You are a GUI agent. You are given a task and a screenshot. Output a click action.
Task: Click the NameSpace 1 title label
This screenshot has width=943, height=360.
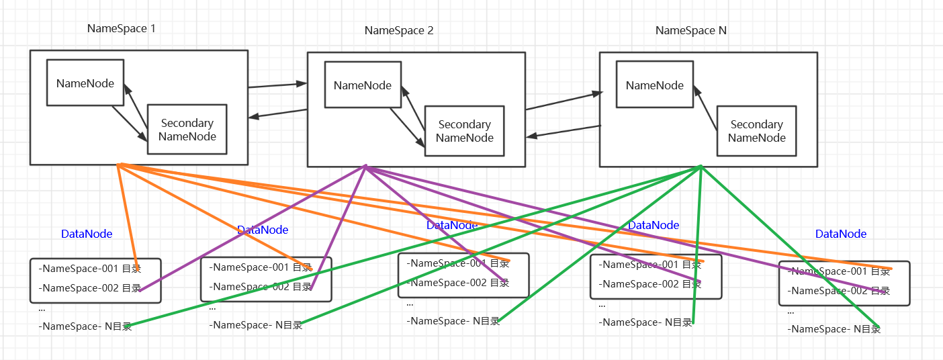(x=121, y=28)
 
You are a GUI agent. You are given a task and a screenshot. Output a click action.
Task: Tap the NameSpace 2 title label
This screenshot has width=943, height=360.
(x=399, y=30)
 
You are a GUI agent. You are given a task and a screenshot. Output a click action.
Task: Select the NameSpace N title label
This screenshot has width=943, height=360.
(x=691, y=30)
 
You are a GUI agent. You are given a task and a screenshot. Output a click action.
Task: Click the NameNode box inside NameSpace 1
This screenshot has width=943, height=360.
(x=85, y=83)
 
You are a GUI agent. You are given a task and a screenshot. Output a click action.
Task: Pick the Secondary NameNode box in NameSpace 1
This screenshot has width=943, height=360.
(x=187, y=130)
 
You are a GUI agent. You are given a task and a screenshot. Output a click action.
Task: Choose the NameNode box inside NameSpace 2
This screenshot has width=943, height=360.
(x=363, y=85)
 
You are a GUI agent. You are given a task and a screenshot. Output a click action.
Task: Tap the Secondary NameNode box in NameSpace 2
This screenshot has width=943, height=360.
(x=464, y=131)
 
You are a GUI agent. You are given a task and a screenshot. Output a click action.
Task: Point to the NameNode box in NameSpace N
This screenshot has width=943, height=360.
(x=655, y=85)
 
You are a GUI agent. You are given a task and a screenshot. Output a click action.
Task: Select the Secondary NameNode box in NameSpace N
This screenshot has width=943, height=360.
(x=756, y=131)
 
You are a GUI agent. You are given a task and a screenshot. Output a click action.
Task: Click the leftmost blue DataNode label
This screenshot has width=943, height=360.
(x=87, y=234)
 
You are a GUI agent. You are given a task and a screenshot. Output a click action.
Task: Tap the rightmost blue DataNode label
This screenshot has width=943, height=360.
(x=841, y=234)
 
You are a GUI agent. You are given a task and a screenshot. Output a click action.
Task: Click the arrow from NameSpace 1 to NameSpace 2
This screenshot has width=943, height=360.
(x=277, y=85)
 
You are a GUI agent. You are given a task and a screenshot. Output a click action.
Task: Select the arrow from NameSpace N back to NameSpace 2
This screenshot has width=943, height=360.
(x=563, y=131)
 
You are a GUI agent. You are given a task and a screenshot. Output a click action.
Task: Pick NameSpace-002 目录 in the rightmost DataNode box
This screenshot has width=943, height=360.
(x=840, y=291)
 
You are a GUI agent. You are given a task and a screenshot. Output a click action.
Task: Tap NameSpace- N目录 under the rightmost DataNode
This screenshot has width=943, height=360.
(x=834, y=329)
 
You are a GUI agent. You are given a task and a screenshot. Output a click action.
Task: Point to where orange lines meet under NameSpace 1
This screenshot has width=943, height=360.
(x=118, y=164)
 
